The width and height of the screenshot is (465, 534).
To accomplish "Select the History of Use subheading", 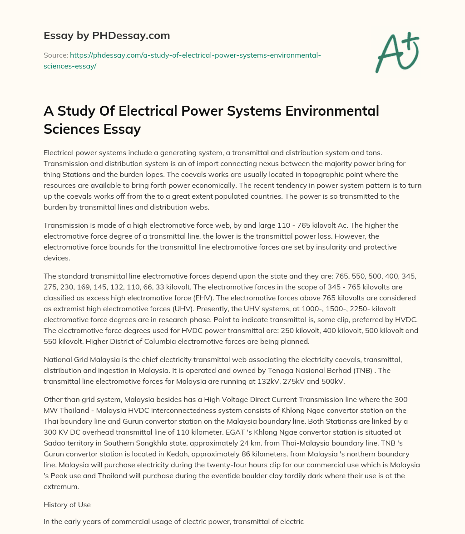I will point(67,505).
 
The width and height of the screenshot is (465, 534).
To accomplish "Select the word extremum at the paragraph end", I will point(61,486).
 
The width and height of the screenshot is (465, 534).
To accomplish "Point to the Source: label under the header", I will point(55,55).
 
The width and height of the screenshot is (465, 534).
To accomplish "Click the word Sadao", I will point(54,443).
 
